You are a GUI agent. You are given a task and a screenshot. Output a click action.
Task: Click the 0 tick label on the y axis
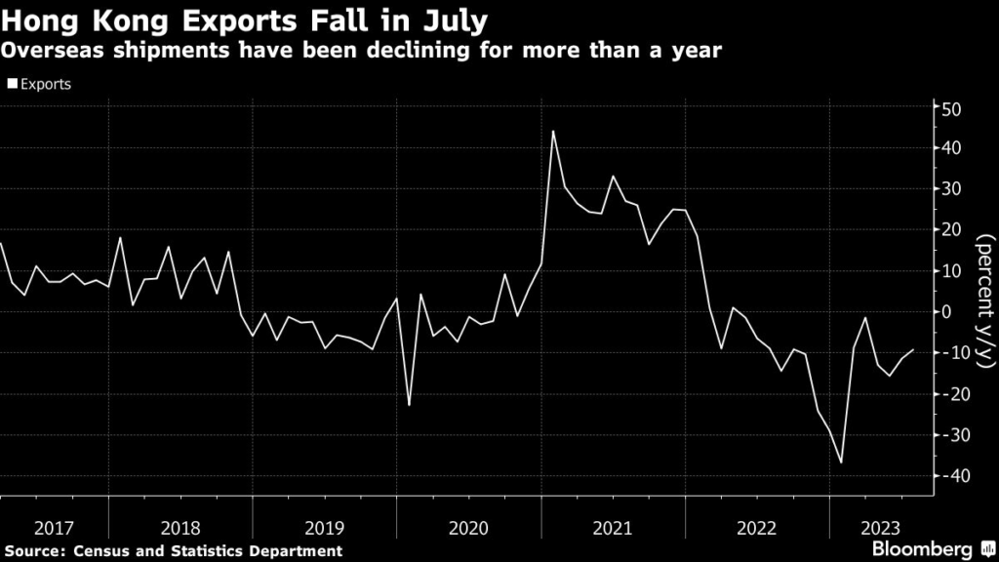[x=945, y=312]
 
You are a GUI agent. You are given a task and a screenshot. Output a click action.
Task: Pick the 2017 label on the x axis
[x=54, y=528]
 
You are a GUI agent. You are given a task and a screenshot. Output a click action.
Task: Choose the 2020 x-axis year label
[x=468, y=528]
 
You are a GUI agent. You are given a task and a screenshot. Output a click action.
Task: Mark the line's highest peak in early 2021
[x=553, y=131]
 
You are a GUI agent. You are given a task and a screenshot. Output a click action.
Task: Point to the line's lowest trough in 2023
[x=841, y=462]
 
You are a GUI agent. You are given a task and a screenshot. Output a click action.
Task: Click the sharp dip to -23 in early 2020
[x=409, y=405]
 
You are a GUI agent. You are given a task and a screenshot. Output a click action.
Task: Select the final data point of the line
[x=913, y=349]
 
